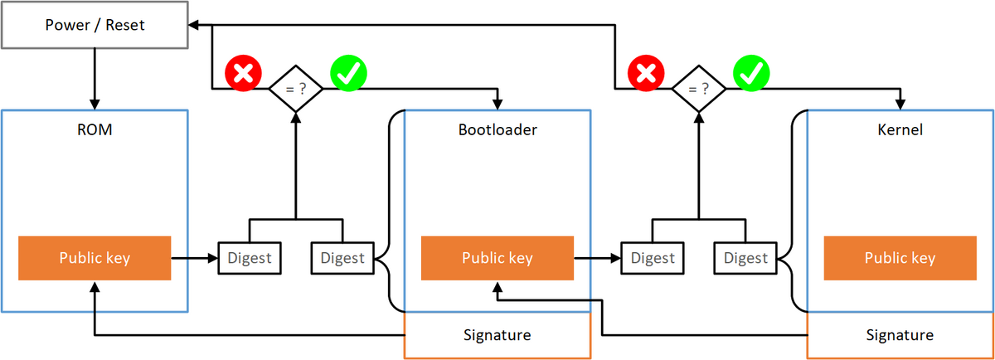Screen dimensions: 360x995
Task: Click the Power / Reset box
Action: (x=94, y=25)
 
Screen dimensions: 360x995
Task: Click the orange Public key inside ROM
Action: (x=94, y=258)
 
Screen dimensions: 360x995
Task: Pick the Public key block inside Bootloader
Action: (x=497, y=258)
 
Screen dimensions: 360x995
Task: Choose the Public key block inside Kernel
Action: (x=900, y=258)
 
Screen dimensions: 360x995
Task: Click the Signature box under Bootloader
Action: (x=497, y=335)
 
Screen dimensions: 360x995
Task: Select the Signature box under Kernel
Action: (x=900, y=335)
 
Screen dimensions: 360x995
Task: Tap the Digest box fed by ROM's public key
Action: (x=249, y=258)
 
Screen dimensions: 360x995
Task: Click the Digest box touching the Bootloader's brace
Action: (x=342, y=258)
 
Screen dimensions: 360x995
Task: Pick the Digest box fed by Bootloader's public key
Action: (x=652, y=258)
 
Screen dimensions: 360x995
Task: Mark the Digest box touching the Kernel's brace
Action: (x=745, y=258)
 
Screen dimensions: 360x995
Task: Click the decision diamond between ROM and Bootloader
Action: (x=295, y=86)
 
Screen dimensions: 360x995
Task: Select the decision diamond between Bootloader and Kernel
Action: (x=698, y=86)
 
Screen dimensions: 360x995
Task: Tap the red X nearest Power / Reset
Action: (x=243, y=74)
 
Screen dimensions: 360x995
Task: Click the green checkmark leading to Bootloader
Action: (x=349, y=74)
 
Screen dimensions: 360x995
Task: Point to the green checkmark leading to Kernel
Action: (x=752, y=74)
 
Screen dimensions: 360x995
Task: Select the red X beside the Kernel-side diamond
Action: (x=646, y=74)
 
